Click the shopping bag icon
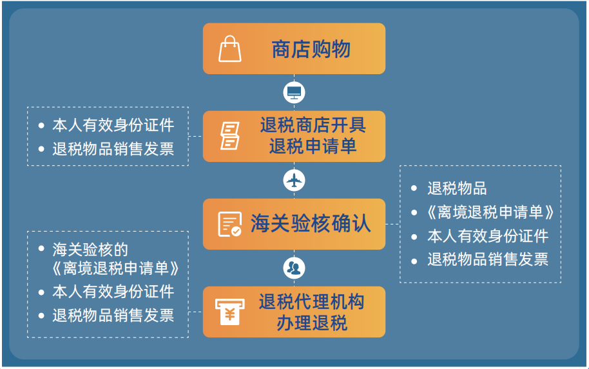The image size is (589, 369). (x=230, y=49)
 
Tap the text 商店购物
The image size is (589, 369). (x=311, y=49)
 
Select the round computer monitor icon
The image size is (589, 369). (x=294, y=92)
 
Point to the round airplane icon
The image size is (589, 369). (x=294, y=181)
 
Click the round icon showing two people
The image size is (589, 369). (x=294, y=268)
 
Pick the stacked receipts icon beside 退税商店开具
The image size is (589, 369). (x=230, y=135)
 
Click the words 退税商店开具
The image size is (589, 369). (x=313, y=125)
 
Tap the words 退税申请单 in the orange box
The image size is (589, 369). (x=313, y=146)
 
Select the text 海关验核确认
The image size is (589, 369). (x=311, y=223)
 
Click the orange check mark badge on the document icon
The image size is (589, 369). (x=237, y=232)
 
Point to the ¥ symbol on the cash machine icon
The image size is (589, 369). (x=230, y=315)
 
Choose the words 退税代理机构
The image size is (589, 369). (x=312, y=302)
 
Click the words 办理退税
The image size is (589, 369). (x=312, y=323)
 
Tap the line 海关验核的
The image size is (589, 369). (x=90, y=250)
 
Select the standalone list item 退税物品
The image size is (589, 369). (x=457, y=188)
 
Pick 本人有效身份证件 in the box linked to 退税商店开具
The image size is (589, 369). (x=113, y=125)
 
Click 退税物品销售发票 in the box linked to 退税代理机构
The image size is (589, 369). (x=113, y=315)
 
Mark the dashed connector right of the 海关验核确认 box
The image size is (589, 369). (x=392, y=224)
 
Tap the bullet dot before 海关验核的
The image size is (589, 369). (x=41, y=248)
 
